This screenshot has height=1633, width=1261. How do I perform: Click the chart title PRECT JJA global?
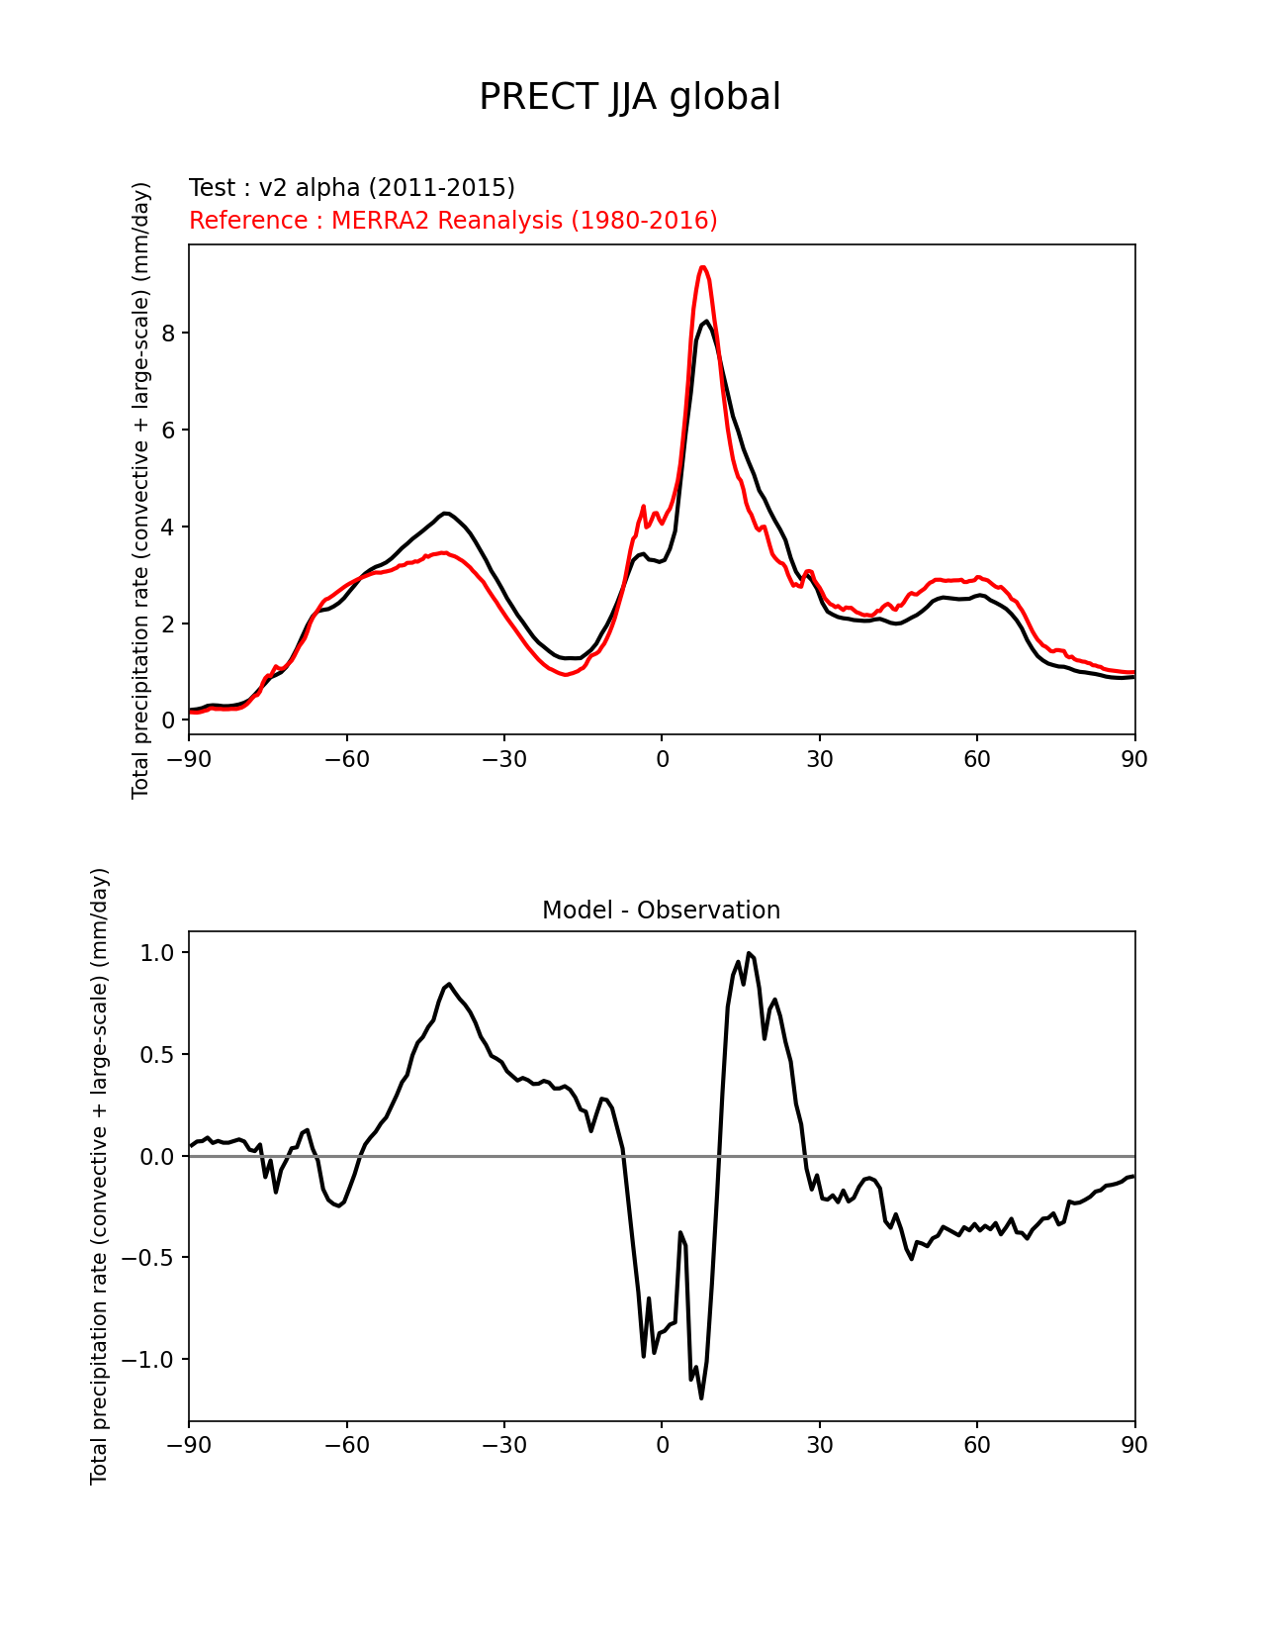pos(630,97)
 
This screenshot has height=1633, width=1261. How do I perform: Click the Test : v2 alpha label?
pos(351,188)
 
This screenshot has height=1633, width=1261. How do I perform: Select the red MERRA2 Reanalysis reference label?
pos(453,221)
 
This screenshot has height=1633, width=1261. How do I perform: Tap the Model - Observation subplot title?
pos(661,911)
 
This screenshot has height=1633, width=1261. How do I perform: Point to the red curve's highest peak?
pos(702,267)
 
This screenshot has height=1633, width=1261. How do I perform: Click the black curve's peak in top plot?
pos(706,321)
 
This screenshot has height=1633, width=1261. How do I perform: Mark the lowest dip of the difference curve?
pos(701,1397)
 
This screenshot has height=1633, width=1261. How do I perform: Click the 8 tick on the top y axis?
pos(169,333)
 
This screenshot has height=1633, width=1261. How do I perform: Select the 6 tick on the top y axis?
pos(169,430)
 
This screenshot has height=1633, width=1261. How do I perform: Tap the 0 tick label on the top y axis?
pos(169,720)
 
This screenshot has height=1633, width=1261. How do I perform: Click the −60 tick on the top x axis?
pos(346,759)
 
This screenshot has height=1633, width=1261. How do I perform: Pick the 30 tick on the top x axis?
pos(819,759)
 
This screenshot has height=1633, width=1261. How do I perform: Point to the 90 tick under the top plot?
pos(1134,759)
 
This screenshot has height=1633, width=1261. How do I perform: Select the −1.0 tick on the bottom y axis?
pos(148,1360)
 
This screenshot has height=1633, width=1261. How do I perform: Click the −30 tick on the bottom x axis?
pos(503,1445)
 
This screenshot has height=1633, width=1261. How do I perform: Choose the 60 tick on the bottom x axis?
pos(977,1445)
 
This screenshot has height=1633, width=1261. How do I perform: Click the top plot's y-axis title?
pos(141,490)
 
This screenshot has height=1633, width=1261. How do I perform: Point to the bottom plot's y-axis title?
pos(100,1176)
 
